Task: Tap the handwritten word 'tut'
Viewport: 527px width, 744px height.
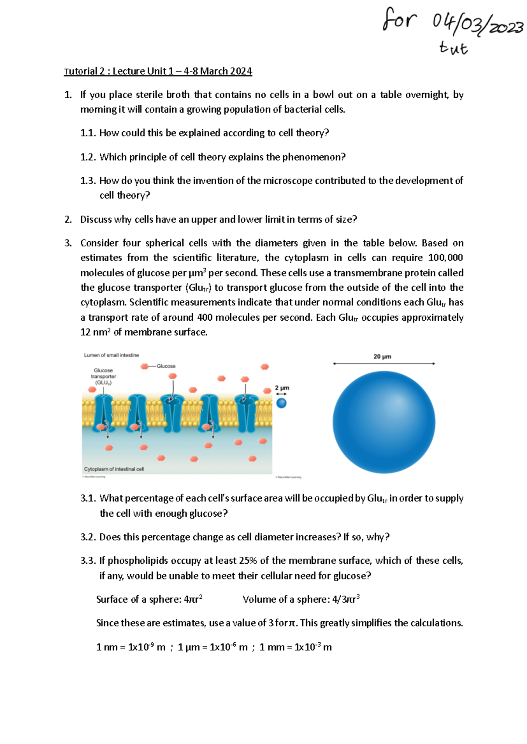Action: click(453, 48)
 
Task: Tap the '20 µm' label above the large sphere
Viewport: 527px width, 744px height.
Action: click(382, 357)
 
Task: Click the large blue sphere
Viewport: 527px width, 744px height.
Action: click(384, 422)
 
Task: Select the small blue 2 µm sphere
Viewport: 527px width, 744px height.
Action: click(282, 403)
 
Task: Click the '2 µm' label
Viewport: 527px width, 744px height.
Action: click(282, 388)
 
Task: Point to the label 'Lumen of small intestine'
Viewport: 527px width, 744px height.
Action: click(111, 355)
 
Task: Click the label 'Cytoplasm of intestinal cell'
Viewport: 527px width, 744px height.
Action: click(114, 469)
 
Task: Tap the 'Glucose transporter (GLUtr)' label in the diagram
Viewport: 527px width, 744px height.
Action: click(103, 376)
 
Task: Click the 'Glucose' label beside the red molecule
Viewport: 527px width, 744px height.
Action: click(166, 366)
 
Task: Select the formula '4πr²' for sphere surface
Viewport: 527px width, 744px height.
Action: click(193, 599)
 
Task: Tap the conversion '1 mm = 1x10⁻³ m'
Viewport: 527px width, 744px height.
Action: click(295, 647)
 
